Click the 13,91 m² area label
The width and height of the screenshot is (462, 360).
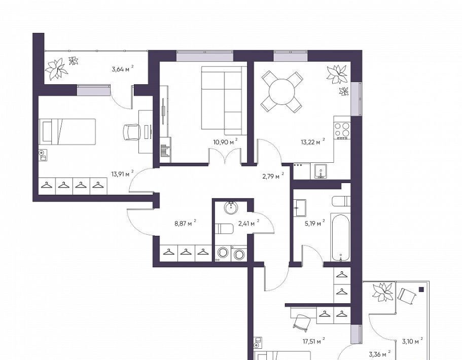[x=122, y=173]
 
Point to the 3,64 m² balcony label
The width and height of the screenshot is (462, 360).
[x=123, y=69]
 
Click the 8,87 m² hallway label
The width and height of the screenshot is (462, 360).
[x=185, y=223]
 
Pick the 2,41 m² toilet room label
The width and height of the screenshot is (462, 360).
[x=248, y=223]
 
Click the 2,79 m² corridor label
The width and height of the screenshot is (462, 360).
[x=273, y=176]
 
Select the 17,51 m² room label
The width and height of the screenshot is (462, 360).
[x=314, y=341]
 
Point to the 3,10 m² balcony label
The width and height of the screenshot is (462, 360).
[x=412, y=341]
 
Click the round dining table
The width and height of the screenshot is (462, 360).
[x=282, y=92]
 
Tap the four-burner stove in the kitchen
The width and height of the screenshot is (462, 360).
[x=342, y=130]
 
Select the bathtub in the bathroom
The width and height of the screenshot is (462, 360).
[x=341, y=237]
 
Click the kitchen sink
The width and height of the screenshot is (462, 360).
[x=321, y=171]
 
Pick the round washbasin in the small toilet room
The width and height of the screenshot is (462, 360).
[x=231, y=208]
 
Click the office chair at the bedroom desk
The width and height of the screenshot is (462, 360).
[x=131, y=132]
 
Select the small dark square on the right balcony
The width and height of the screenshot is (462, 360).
[x=421, y=290]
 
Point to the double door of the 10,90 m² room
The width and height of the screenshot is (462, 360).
[x=225, y=156]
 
